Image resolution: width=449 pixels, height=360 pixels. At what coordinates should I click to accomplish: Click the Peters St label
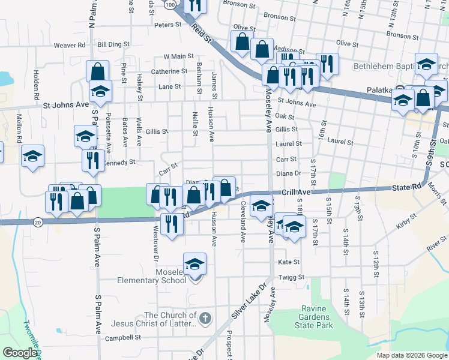coord(167,25)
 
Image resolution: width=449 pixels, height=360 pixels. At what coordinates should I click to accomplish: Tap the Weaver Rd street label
coord(70,45)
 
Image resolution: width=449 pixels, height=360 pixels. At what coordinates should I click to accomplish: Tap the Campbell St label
coord(122,338)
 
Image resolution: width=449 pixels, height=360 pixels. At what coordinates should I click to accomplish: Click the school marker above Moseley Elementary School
coord(194,263)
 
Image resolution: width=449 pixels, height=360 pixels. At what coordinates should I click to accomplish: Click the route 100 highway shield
coord(171,5)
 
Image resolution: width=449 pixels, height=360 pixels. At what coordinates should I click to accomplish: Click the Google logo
coord(20,353)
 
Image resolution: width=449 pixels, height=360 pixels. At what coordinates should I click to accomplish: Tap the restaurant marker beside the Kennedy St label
coord(92,160)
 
